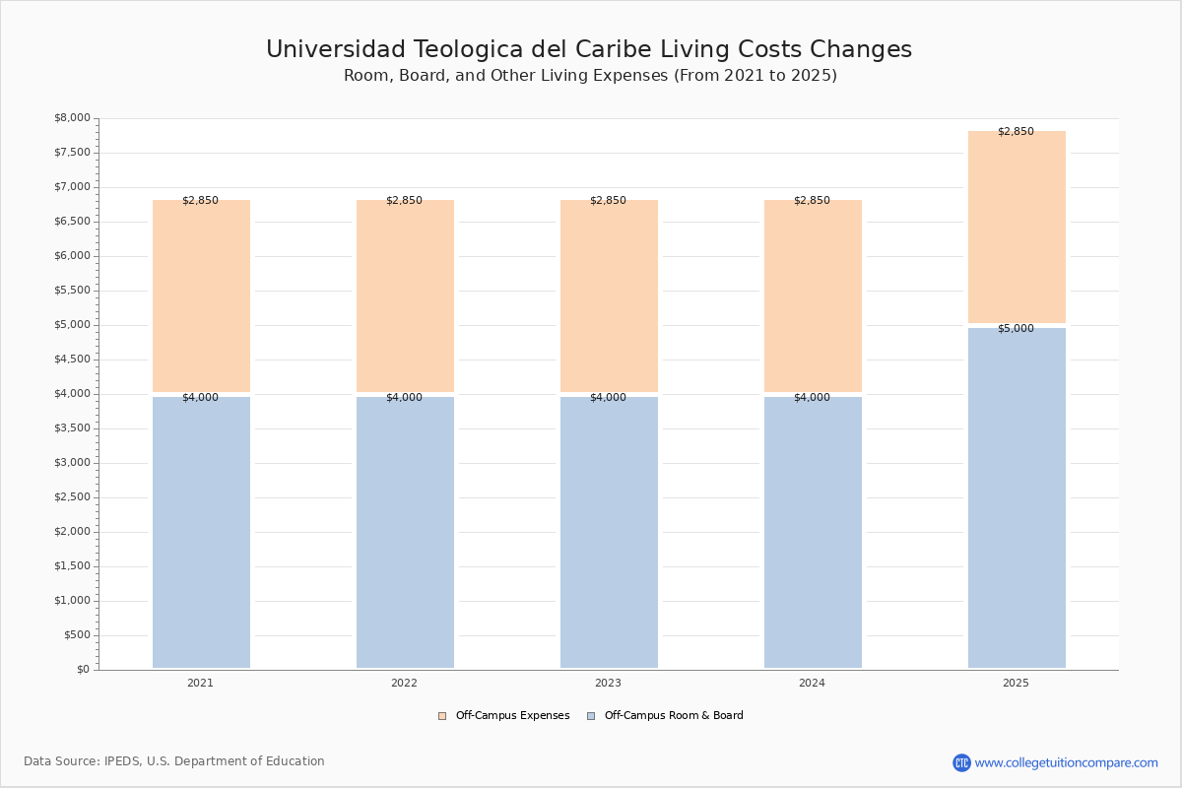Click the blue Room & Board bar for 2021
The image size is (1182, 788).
click(201, 532)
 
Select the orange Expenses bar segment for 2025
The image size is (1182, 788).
click(1017, 227)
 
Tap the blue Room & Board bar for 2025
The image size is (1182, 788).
click(1017, 497)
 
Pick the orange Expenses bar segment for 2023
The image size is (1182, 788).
click(609, 295)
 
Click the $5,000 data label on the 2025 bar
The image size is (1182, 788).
click(1016, 328)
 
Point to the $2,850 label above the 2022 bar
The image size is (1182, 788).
click(404, 200)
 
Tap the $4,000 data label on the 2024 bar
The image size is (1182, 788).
click(812, 397)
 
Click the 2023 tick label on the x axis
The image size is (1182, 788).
click(608, 683)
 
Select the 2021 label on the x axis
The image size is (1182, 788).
click(200, 683)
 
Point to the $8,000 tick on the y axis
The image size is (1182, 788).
click(72, 117)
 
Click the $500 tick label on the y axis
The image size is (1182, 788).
click(77, 635)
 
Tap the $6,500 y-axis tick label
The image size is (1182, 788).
click(72, 222)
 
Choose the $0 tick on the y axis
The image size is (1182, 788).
click(84, 670)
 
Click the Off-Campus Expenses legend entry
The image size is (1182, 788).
click(504, 716)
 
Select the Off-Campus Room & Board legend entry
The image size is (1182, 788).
click(666, 716)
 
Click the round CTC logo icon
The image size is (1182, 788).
click(961, 762)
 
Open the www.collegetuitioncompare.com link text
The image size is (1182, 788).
click(1066, 763)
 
